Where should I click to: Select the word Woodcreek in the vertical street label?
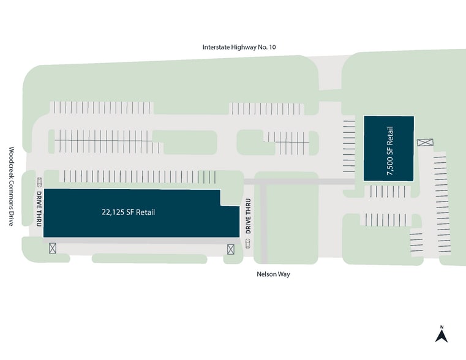click(x=10, y=163)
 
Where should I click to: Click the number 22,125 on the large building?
click(x=113, y=213)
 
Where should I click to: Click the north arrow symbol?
click(x=441, y=336)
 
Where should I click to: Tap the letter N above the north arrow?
click(x=441, y=326)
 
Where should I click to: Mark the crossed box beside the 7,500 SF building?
click(x=424, y=143)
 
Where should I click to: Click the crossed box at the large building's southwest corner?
click(x=53, y=248)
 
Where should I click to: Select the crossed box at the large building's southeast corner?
click(x=231, y=249)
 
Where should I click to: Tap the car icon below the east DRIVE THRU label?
click(x=248, y=243)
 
